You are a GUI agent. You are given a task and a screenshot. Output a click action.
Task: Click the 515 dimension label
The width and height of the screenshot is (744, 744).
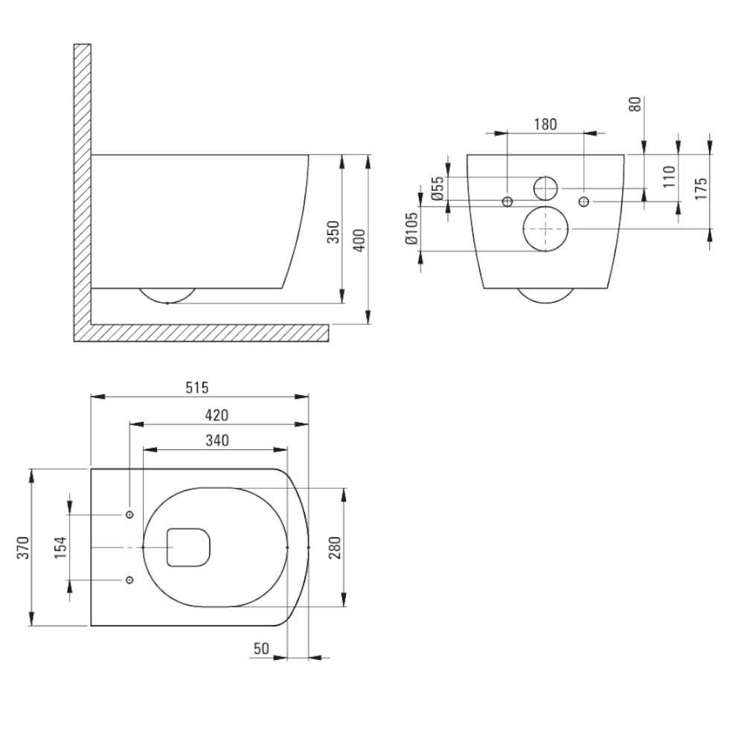coord(197,388)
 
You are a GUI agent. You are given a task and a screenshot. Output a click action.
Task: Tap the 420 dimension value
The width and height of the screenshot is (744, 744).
coord(217,415)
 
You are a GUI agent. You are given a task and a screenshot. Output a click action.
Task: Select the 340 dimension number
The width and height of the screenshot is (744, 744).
coord(217,440)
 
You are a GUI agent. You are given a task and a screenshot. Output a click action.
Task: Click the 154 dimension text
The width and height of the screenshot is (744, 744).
coord(60,547)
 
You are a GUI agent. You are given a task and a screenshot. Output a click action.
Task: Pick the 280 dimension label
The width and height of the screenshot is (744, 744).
coord(335,547)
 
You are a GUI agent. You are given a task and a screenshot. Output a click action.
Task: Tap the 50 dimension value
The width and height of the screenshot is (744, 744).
coord(261,648)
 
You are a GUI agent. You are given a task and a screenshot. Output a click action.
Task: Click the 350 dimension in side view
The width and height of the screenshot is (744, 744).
coord(334,232)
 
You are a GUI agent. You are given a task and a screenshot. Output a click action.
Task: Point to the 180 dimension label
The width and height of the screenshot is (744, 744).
coord(545,124)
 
